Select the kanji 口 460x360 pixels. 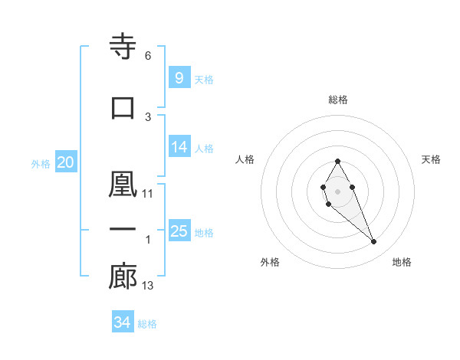click(x=123, y=107)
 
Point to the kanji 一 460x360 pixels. click(x=123, y=229)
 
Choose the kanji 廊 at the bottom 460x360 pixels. click(x=123, y=277)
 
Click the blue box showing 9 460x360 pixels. click(x=179, y=78)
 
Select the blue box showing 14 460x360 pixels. click(x=179, y=147)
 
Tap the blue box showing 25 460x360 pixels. click(x=179, y=231)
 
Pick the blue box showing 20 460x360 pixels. click(x=66, y=162)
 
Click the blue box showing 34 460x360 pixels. click(x=122, y=322)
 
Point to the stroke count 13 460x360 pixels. click(x=148, y=286)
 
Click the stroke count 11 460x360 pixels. click(x=148, y=194)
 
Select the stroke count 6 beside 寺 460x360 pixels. click(x=148, y=56)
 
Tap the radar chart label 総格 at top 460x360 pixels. click(x=338, y=100)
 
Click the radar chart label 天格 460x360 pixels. click(x=431, y=159)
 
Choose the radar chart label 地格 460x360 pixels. click(x=402, y=262)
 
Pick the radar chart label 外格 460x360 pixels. click(x=270, y=262)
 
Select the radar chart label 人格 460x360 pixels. click(x=245, y=159)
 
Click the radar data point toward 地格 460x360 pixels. click(x=373, y=242)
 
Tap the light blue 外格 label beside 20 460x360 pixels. click(x=41, y=163)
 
